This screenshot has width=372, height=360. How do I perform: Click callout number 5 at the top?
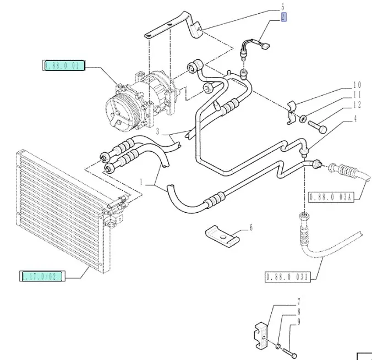[x=283, y=7]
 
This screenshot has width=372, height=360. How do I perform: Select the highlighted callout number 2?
[x=283, y=17]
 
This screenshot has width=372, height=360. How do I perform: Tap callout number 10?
[x=357, y=85]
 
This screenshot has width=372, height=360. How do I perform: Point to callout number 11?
[x=357, y=95]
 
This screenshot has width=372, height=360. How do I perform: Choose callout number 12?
[x=357, y=105]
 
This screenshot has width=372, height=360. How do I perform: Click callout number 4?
[x=355, y=118]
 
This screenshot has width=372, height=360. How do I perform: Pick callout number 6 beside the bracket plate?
[x=251, y=227]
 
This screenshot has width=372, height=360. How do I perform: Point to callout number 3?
[x=157, y=132]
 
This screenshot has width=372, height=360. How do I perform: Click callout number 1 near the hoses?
[x=141, y=181]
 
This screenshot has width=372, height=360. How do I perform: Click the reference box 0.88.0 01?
[x=64, y=66]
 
